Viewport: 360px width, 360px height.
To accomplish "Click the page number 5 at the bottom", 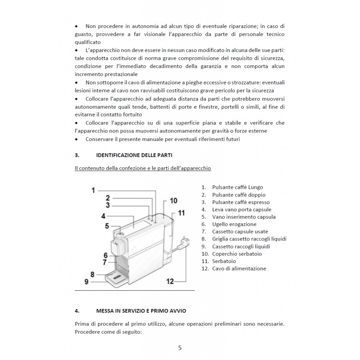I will point(180,348).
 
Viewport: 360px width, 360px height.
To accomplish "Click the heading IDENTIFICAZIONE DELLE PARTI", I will point(134,155).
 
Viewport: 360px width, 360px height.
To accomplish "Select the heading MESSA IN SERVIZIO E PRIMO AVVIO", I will point(141,311).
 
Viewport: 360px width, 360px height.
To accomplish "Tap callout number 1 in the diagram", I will point(94,190).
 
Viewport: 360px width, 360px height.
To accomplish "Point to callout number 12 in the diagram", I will point(170,281).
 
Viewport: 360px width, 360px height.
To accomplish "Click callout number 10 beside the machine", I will point(174,201).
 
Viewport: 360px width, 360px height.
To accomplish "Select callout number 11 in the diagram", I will point(181,213).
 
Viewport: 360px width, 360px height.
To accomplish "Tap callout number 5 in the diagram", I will point(107,226).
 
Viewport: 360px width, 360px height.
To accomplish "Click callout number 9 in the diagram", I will point(86,281).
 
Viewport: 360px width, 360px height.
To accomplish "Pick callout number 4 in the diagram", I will point(103,216).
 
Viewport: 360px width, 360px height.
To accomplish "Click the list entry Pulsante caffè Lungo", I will point(238,187).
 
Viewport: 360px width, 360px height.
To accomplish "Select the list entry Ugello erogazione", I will point(234,224).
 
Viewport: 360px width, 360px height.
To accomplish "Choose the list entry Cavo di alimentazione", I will point(239,269).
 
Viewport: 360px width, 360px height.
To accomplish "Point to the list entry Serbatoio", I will point(224,261).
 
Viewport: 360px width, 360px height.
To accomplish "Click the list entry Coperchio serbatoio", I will point(237,254).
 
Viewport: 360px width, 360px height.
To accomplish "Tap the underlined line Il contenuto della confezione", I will point(143,168).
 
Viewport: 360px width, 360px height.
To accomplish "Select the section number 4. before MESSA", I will point(77,311).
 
